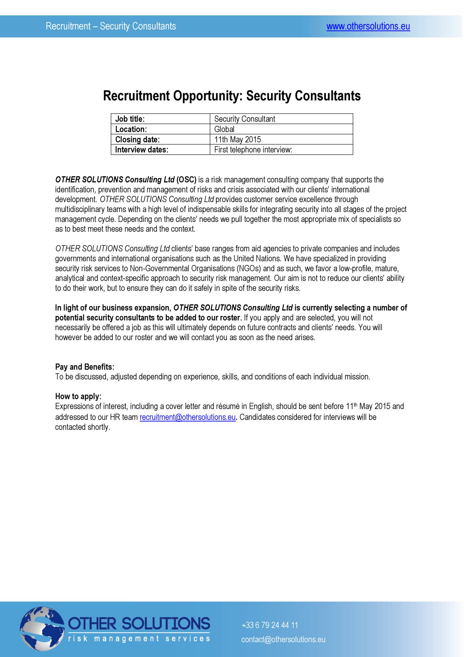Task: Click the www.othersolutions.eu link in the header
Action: [368, 27]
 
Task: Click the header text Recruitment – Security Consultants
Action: [111, 26]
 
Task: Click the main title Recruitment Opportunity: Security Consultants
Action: [232, 96]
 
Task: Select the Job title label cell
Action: [160, 119]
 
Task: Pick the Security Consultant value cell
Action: [281, 119]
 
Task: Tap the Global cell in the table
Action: [281, 129]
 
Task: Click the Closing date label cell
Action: [160, 139]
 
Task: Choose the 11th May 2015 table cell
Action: [281, 139]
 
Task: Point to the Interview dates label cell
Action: [160, 150]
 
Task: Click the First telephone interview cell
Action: [281, 150]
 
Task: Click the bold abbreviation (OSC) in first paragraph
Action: [187, 180]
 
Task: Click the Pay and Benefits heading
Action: [85, 367]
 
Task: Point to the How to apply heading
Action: [78, 396]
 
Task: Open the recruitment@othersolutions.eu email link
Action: [188, 417]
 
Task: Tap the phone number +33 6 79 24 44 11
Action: [269, 625]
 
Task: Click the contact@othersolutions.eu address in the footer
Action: [283, 639]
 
